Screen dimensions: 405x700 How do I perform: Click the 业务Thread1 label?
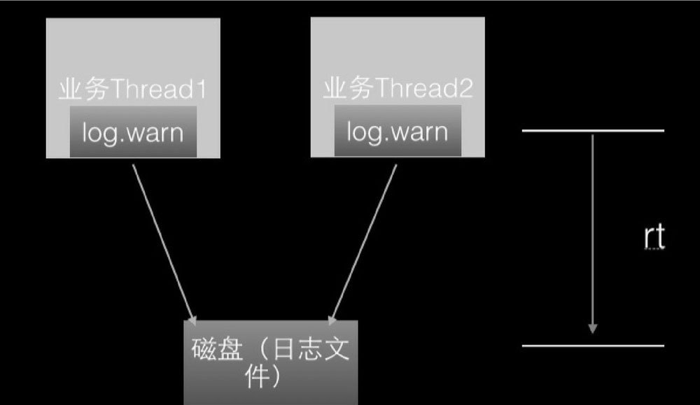click(x=134, y=91)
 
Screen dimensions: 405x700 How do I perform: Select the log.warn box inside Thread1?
click(x=133, y=132)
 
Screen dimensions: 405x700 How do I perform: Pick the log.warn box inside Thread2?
click(x=398, y=132)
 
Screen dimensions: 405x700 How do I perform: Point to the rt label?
click(x=654, y=238)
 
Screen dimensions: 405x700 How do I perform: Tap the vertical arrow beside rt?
click(x=593, y=231)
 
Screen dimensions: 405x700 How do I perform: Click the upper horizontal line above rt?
click(x=593, y=131)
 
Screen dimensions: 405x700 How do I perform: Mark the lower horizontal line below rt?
click(x=593, y=346)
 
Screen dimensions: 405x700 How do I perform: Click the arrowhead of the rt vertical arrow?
click(x=593, y=327)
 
